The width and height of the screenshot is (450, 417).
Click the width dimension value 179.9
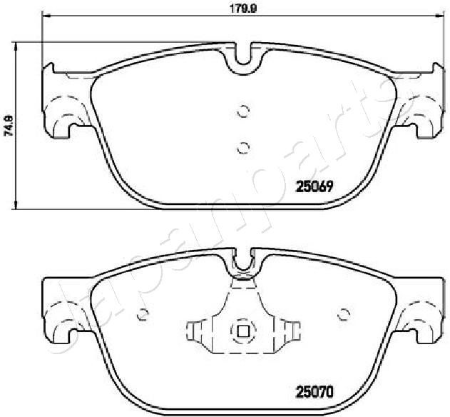point(243,9)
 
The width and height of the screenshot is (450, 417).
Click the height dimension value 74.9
point(8,125)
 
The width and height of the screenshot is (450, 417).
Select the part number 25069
point(315,187)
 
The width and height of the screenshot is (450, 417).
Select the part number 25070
point(315,391)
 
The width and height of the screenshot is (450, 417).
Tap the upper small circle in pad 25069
point(243,111)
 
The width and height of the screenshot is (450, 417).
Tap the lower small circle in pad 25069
point(243,148)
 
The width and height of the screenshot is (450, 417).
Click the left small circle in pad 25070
point(143,314)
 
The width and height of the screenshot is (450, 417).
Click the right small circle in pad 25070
point(344,314)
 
